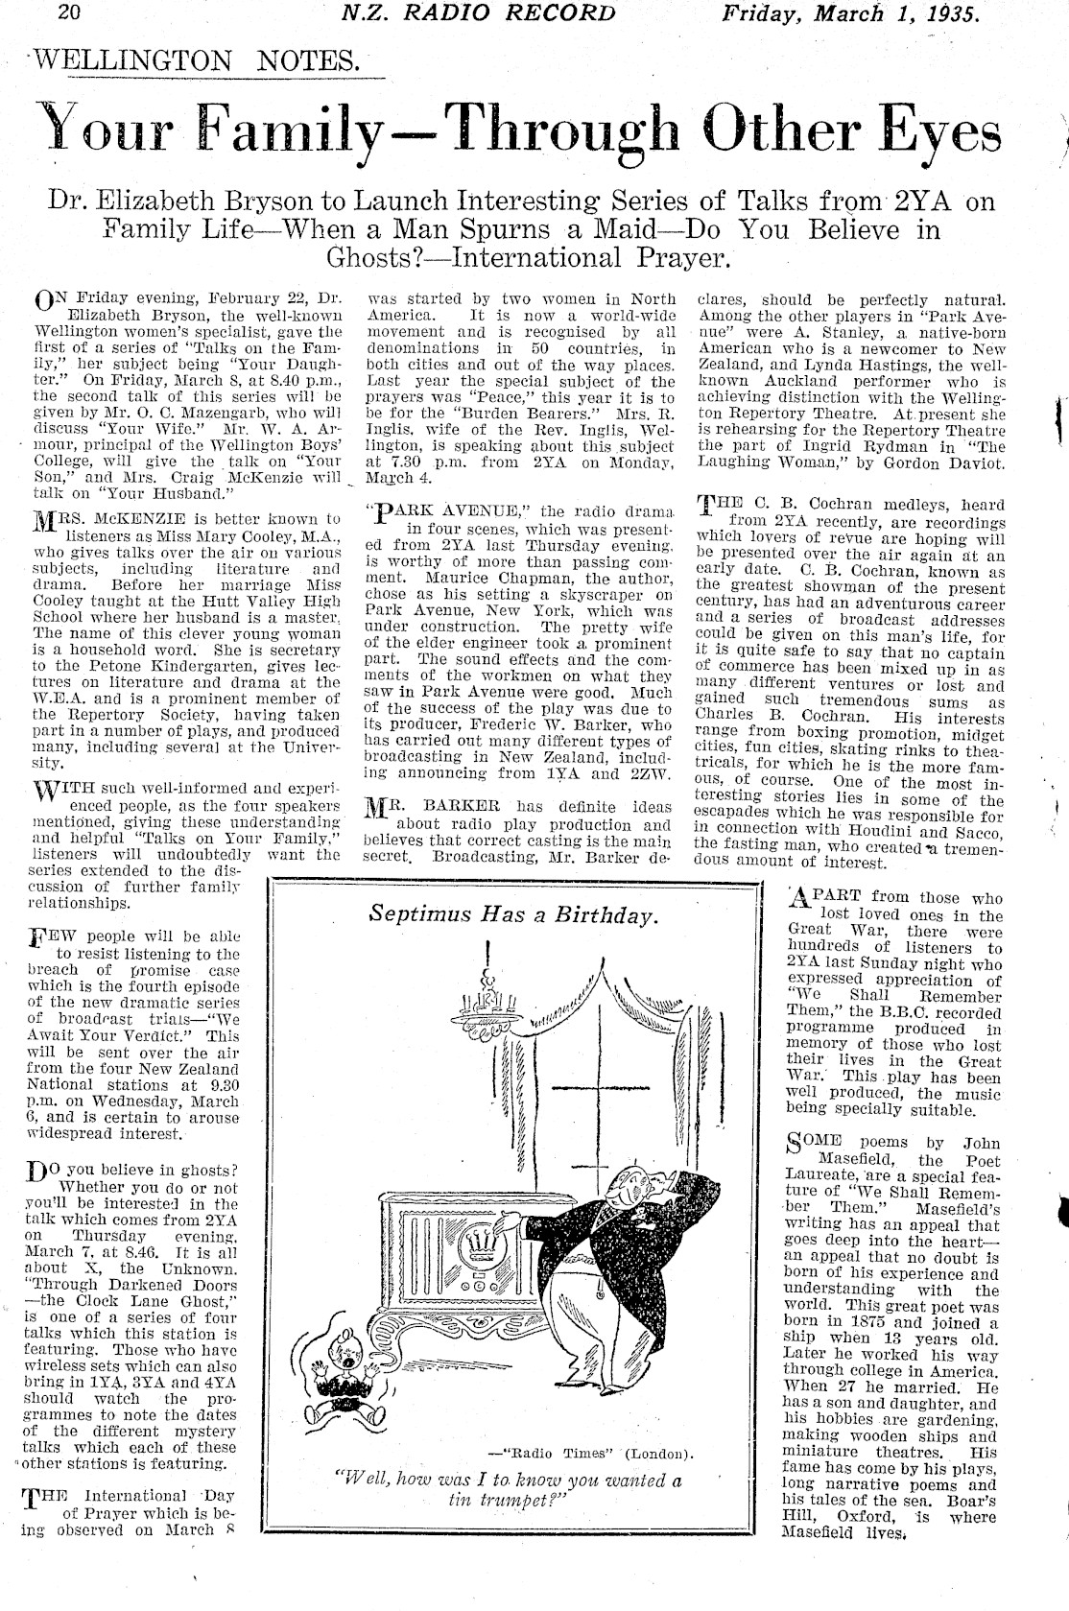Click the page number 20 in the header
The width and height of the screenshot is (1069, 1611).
pos(70,13)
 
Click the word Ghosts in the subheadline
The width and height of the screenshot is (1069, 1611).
pos(385,257)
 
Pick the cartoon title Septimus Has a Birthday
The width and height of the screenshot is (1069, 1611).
pos(514,915)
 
